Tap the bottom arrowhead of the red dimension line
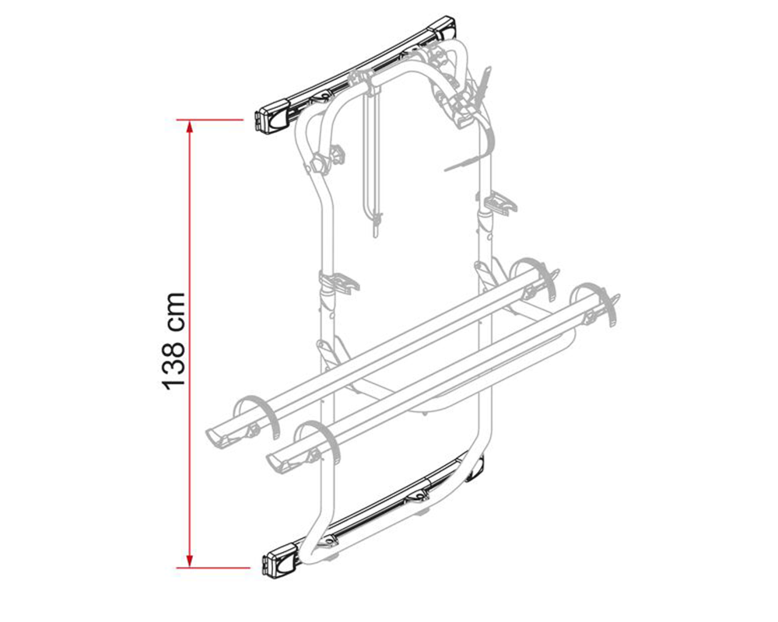click(189, 561)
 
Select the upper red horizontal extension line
click(210, 120)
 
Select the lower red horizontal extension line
click(213, 568)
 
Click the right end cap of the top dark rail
click(444, 28)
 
